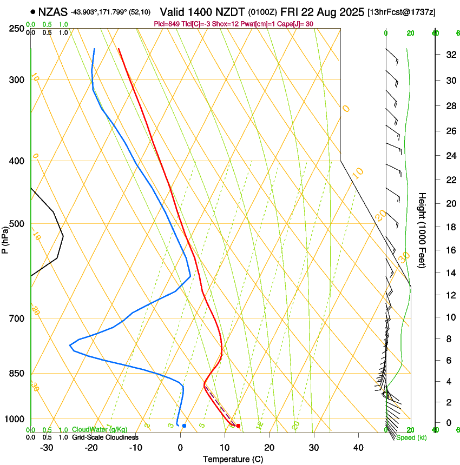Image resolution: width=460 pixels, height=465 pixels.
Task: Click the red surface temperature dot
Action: [x=238, y=426]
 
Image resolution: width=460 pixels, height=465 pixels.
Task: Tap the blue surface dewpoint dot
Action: [x=184, y=426]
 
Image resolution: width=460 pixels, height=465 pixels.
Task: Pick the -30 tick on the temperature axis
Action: [x=47, y=447]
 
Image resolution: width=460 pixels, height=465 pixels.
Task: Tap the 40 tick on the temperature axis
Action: [x=358, y=447]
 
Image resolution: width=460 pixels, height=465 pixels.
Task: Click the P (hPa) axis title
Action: [x=5, y=238]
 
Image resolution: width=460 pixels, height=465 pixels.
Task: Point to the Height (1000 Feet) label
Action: [x=423, y=230]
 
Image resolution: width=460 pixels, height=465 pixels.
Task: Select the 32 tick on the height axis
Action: [x=450, y=55]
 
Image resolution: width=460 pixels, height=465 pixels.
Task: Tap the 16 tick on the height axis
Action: [x=450, y=250]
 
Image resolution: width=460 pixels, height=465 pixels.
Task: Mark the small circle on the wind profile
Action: [x=386, y=395]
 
